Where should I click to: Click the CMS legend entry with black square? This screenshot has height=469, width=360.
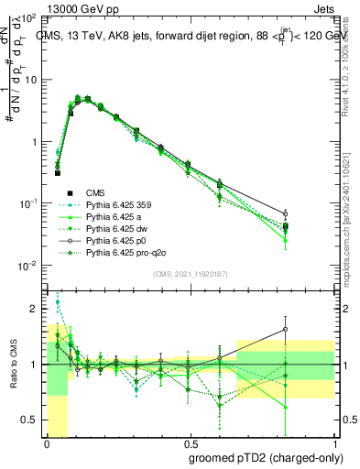pos(96,192)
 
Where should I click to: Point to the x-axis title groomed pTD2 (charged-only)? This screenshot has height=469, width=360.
pos(267,458)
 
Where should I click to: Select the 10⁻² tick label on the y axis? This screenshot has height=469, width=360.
pos(29,266)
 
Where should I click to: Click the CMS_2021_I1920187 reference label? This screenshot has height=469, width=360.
pos(189,274)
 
